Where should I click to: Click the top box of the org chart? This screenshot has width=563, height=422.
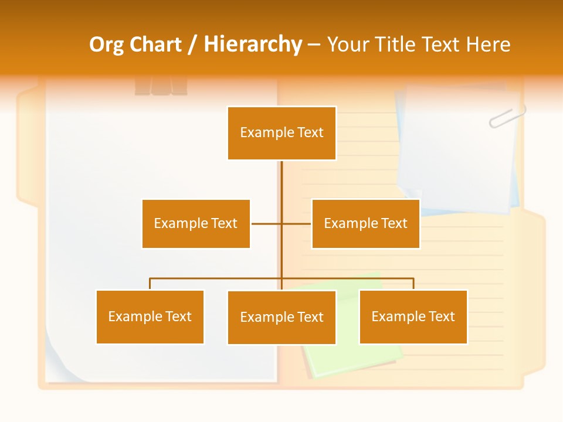(281, 133)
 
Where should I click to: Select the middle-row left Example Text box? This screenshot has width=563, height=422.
(196, 223)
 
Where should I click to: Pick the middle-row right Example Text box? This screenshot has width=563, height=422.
(365, 223)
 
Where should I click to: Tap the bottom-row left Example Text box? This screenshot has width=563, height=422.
(150, 316)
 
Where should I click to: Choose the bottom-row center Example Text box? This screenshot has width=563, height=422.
(281, 317)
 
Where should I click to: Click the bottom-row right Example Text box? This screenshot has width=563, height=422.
(413, 316)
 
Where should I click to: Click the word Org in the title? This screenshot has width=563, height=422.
(106, 45)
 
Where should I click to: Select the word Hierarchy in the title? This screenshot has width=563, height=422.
(253, 45)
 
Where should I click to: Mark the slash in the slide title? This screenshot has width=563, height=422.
(192, 45)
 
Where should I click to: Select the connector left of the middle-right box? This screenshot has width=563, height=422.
(296, 223)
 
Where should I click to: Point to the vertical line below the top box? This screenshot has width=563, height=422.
(281, 188)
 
